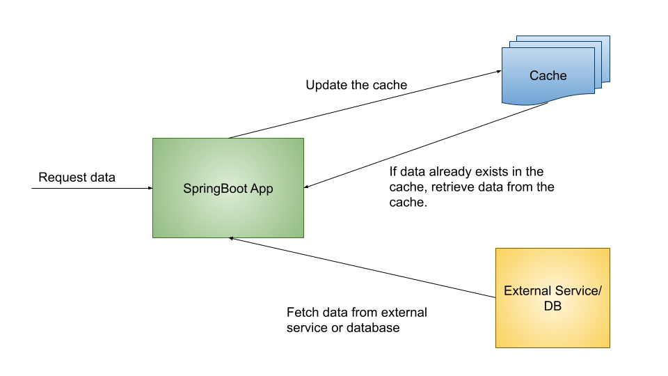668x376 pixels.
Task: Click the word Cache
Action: (x=548, y=76)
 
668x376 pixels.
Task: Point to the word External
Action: (x=527, y=291)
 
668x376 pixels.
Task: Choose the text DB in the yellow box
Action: (x=552, y=306)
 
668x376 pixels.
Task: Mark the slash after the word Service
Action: (x=599, y=291)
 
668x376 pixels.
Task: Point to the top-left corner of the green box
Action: (x=153, y=139)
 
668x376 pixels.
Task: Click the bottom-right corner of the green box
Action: (x=303, y=237)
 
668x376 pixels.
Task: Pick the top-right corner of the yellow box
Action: (x=610, y=249)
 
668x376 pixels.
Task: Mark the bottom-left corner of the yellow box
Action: (x=496, y=347)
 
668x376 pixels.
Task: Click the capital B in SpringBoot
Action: (x=223, y=189)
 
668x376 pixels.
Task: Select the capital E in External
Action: (x=508, y=291)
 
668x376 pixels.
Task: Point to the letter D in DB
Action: (x=548, y=306)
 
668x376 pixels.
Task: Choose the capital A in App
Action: (x=255, y=189)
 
